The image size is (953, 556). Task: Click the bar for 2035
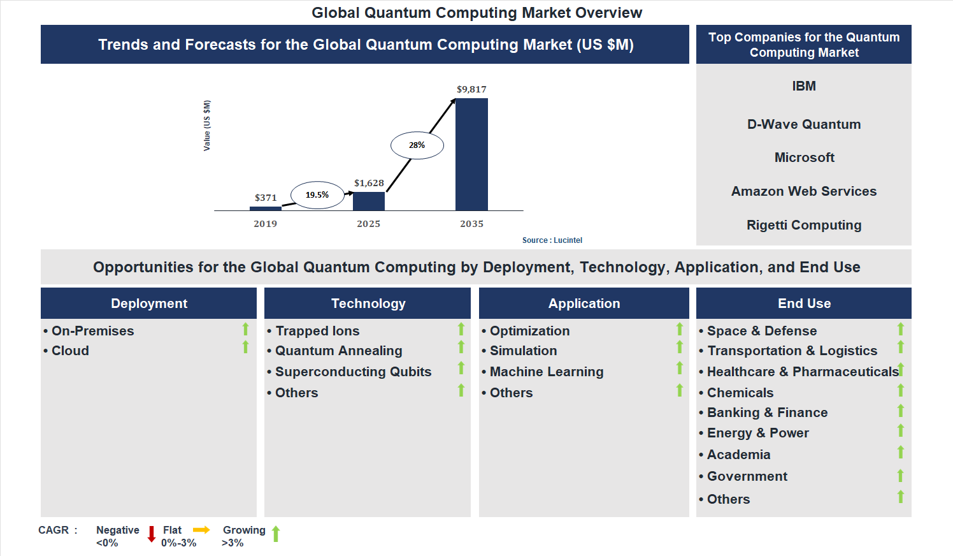471,154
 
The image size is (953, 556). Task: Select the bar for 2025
369,201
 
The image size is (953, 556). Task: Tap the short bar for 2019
266,208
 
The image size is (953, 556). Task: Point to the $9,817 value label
471,89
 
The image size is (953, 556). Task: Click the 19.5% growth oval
317,195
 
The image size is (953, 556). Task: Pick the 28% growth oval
417,145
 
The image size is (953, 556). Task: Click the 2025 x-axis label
369,224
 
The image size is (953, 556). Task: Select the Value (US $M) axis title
206,126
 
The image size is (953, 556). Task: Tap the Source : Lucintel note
552,240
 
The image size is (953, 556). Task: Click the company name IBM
804,86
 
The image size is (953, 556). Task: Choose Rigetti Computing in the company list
804,225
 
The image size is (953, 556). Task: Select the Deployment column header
149,304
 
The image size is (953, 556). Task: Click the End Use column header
804,304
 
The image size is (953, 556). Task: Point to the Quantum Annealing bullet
338,351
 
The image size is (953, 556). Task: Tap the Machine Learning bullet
546,372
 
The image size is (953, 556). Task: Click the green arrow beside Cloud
245,347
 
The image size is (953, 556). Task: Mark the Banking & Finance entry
767,413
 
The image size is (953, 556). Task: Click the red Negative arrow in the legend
152,534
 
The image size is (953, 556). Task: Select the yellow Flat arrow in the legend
201,530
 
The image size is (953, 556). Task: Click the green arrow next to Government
900,476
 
